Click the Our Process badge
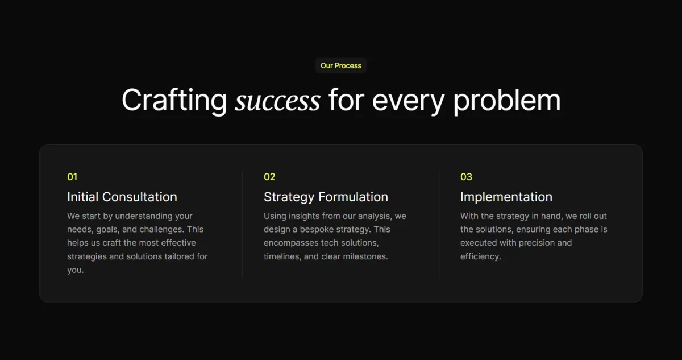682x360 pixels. click(x=340, y=65)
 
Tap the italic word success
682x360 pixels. click(x=278, y=101)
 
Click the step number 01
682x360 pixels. click(x=72, y=177)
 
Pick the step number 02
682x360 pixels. click(x=269, y=177)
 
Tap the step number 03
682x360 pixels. click(x=466, y=177)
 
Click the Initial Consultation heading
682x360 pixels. click(x=122, y=197)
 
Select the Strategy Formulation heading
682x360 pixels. click(x=326, y=197)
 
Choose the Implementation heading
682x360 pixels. click(x=506, y=197)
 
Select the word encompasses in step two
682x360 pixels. click(x=291, y=243)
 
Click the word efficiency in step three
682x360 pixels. click(x=480, y=256)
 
